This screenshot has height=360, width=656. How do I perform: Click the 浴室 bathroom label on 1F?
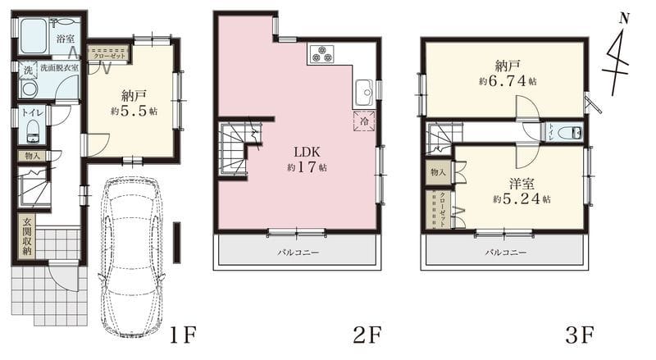click(66, 39)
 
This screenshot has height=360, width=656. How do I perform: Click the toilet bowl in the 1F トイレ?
click(33, 129)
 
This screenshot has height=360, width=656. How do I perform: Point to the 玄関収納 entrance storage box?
click(26, 236)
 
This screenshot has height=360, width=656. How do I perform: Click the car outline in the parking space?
click(131, 257)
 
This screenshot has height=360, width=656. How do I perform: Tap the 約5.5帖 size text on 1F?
click(134, 112)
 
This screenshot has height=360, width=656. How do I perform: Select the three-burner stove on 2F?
click(321, 53)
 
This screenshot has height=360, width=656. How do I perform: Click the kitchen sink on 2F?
click(365, 93)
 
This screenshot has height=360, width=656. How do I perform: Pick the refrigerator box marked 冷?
click(364, 121)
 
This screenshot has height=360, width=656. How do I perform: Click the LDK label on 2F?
click(307, 152)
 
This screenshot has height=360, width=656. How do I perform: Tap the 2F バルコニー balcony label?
click(298, 253)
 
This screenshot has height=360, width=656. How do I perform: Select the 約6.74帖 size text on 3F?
click(508, 81)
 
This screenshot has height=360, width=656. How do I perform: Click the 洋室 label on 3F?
click(522, 184)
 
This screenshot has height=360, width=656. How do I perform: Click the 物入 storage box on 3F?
click(438, 172)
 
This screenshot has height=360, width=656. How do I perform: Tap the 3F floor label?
click(580, 335)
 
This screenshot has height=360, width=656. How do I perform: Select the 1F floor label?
click(183, 335)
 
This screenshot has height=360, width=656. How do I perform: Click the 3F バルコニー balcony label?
click(506, 253)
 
